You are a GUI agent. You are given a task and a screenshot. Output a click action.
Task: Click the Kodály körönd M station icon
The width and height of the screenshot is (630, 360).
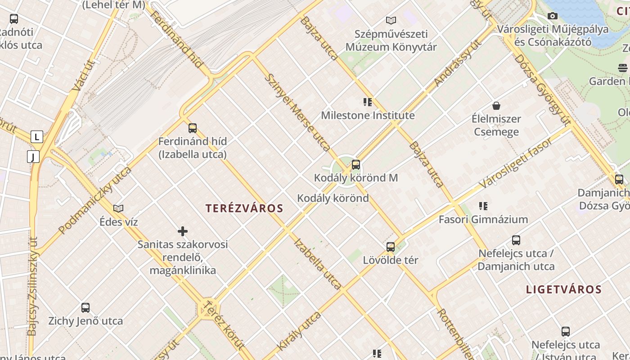(x=356, y=165)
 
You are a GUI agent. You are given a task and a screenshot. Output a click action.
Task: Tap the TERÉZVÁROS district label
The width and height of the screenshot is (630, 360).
(x=244, y=208)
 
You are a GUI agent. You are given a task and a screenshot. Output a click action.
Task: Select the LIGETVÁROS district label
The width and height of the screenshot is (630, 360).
(x=564, y=289)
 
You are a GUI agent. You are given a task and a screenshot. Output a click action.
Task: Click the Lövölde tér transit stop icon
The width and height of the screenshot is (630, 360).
(x=391, y=247)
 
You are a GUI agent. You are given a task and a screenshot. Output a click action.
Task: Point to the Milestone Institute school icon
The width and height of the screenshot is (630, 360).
(x=368, y=102)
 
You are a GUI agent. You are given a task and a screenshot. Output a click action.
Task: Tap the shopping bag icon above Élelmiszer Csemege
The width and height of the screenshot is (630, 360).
(x=496, y=106)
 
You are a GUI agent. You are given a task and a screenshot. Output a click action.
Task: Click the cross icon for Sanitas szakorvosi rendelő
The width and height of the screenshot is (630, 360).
(x=183, y=231)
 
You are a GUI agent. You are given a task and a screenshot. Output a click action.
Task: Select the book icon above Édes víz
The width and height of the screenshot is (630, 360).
(x=118, y=208)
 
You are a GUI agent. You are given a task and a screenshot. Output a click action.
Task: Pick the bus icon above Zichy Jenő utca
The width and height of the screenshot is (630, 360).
(x=85, y=308)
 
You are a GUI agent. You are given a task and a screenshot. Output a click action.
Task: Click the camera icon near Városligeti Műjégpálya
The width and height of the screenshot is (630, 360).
(x=553, y=16)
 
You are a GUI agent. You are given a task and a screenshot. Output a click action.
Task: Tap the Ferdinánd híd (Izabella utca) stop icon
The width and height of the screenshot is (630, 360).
(x=193, y=128)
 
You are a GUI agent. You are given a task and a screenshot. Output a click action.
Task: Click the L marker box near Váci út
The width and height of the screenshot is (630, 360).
(x=36, y=136)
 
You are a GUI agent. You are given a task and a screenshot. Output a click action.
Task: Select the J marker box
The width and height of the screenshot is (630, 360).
(x=33, y=157)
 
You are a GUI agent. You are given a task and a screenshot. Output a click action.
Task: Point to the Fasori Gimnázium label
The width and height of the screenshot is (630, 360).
(x=483, y=220)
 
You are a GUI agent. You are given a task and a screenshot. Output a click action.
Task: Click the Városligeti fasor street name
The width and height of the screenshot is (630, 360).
(x=516, y=163)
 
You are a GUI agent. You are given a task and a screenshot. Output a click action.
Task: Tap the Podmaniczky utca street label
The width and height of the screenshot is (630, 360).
(x=95, y=200)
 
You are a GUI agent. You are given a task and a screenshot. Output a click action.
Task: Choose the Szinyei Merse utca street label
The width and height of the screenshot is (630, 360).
(x=297, y=112)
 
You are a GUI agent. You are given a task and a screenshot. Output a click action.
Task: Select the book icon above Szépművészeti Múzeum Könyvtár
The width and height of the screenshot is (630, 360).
(x=391, y=20)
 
